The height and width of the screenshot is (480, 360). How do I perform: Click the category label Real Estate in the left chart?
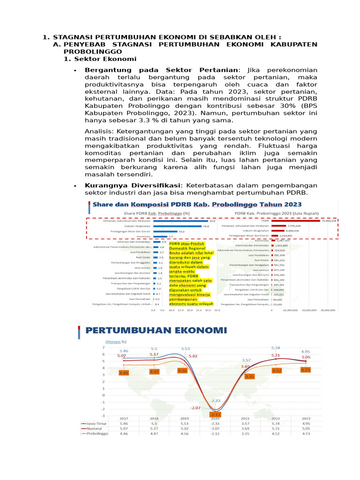[143, 257]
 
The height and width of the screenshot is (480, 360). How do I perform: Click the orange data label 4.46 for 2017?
[124, 373]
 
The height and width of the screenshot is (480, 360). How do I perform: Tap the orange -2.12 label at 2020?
[216, 414]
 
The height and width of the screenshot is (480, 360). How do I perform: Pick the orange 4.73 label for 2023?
[306, 370]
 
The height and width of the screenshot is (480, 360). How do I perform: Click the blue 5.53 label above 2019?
[186, 349]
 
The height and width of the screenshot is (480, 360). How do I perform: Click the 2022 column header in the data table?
[276, 418]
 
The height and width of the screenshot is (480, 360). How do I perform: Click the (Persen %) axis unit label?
[116, 342]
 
